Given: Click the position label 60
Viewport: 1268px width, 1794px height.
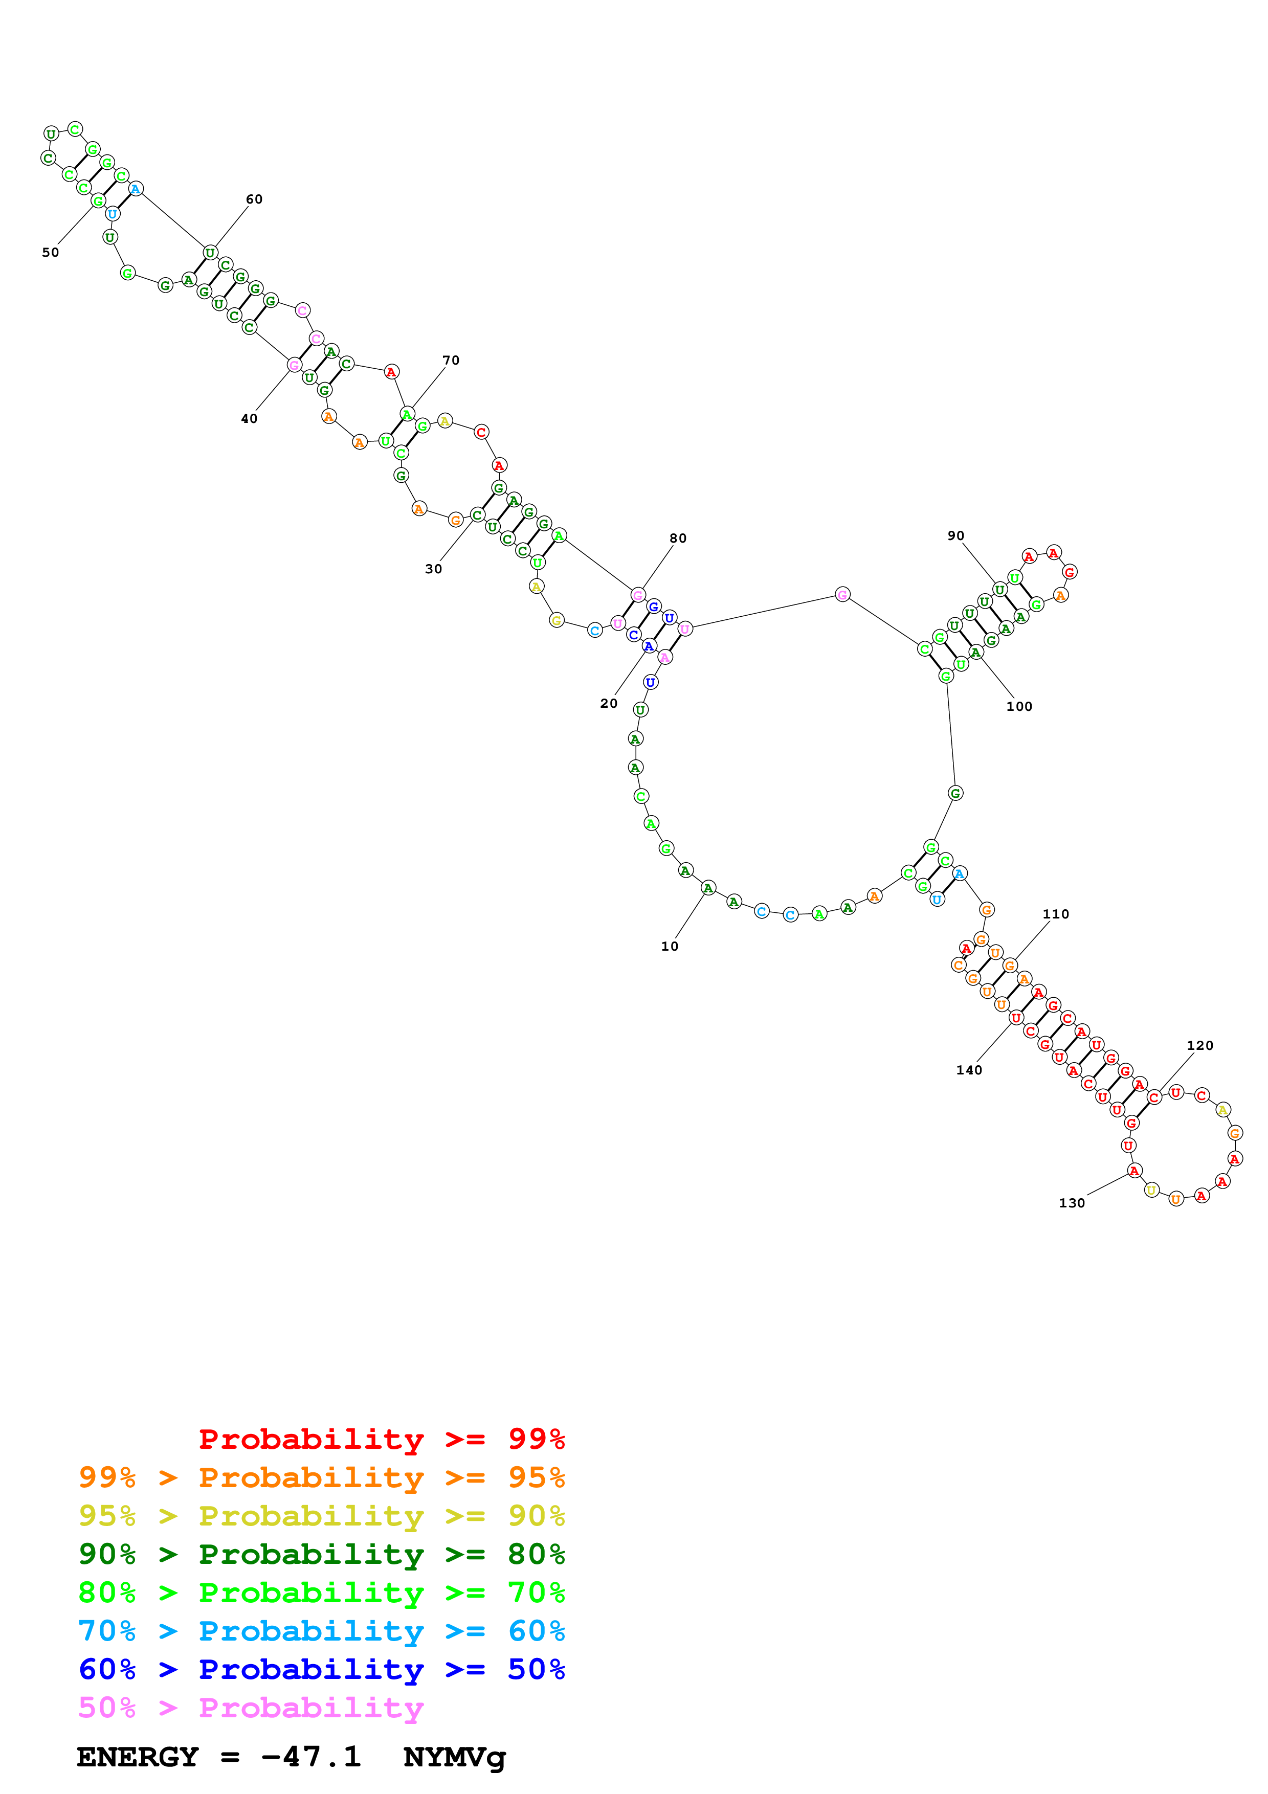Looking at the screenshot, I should (254, 199).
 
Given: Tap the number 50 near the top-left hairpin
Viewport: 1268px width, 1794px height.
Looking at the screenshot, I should (51, 253).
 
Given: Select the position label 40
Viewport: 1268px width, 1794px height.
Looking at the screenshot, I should (249, 419).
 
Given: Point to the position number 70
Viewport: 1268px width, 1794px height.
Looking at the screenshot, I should (451, 360).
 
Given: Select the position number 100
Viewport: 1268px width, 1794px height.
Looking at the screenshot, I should (1019, 706).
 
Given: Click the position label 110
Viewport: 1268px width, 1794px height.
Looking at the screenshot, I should (1056, 914).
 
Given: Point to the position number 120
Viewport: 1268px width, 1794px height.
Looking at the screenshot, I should (1200, 1045).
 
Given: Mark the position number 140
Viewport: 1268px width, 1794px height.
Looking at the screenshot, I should (969, 1070).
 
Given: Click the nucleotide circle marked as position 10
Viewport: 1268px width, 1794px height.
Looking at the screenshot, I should (708, 888).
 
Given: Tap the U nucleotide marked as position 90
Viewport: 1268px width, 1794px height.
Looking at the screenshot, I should (999, 589).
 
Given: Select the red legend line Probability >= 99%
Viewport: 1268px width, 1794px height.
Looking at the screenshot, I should (381, 1439).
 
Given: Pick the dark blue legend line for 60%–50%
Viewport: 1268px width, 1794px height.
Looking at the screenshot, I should (321, 1670).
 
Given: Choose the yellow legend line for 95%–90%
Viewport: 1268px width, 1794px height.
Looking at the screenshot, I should (321, 1516).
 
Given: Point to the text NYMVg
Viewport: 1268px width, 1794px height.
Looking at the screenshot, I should (455, 1758).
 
